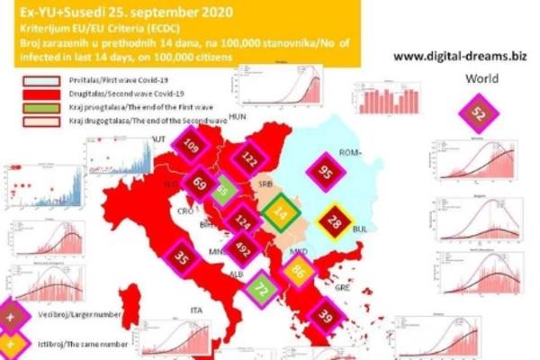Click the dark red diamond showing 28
[334, 222]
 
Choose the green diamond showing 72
[260, 290]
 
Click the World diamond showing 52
[479, 115]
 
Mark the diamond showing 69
[200, 183]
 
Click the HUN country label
[238, 118]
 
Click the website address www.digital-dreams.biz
[457, 57]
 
